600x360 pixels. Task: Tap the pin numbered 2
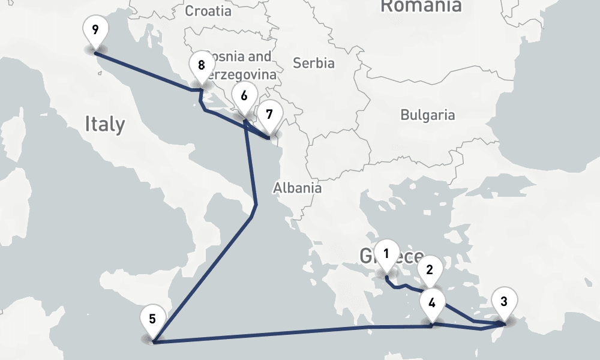(x=430, y=269)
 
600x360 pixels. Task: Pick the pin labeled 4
(x=432, y=302)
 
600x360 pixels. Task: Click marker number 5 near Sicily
(x=152, y=319)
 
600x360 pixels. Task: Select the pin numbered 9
(x=95, y=29)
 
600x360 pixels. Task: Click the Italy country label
(x=105, y=124)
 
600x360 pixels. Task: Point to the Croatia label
(x=208, y=11)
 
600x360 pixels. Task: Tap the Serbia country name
(x=314, y=62)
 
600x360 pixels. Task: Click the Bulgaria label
(x=428, y=115)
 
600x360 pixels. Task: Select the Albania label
(x=297, y=188)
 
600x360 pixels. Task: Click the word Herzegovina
(x=242, y=75)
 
